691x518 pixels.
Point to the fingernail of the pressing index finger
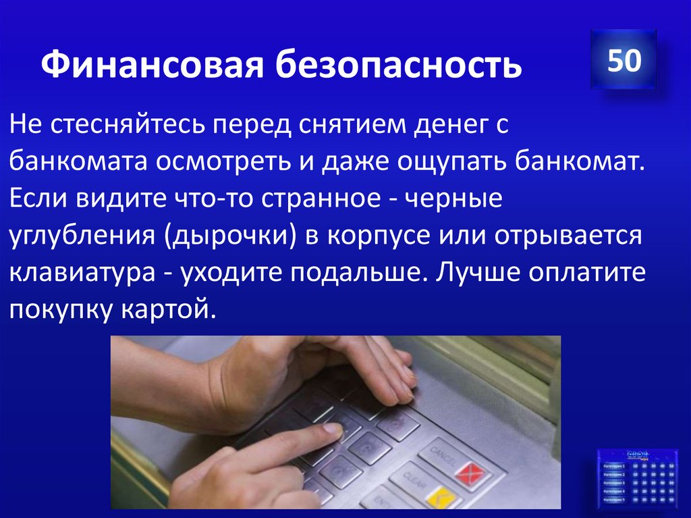click(x=332, y=429)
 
